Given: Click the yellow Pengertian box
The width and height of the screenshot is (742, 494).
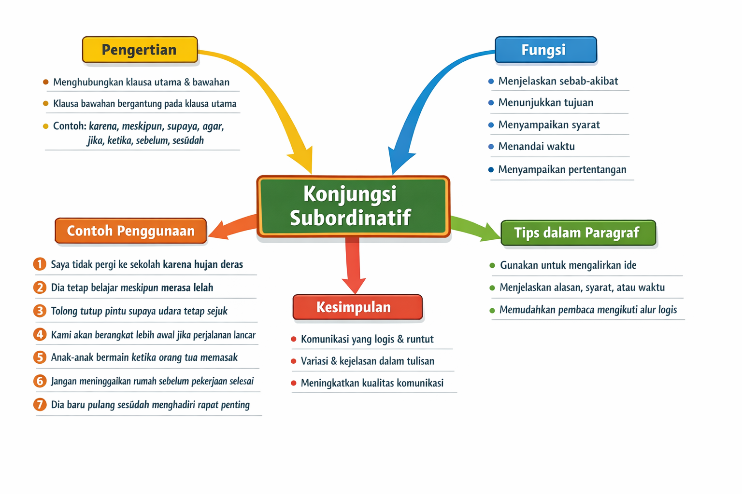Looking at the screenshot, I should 140,50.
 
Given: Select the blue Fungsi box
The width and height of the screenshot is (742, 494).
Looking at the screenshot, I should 545,50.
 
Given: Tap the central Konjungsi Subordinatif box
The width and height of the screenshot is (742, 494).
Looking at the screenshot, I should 353,206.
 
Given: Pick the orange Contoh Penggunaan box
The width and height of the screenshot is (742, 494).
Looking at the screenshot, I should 130,231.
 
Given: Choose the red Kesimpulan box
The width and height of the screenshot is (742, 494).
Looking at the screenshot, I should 357,307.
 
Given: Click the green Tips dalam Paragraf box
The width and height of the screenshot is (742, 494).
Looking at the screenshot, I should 578,233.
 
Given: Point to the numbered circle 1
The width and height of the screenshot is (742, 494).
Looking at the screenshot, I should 40,264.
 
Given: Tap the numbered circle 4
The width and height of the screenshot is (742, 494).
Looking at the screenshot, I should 40,334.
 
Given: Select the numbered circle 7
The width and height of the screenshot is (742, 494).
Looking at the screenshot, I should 40,404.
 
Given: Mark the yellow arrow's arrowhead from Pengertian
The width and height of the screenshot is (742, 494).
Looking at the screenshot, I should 302,159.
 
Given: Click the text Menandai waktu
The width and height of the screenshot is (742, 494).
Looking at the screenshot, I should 536,147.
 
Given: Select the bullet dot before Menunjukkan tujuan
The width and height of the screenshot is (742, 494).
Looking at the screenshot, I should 491,103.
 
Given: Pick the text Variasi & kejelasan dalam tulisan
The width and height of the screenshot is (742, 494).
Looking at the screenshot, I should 367,361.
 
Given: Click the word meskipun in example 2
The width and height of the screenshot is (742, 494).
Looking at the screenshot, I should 139,288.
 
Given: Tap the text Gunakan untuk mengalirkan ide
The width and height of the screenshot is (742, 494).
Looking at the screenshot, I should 568,265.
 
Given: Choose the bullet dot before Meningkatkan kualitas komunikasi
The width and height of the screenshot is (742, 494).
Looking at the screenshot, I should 293,383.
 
